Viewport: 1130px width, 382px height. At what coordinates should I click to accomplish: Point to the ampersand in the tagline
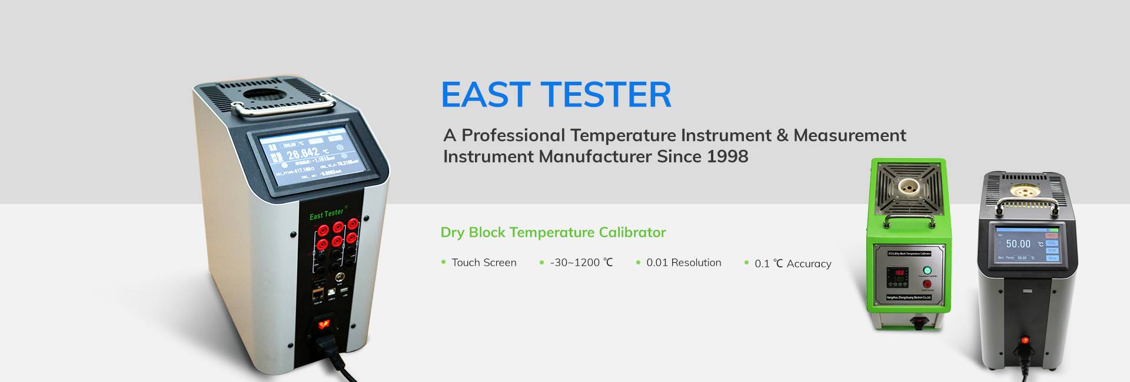782,135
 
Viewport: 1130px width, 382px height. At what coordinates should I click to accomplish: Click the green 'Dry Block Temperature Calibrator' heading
553,232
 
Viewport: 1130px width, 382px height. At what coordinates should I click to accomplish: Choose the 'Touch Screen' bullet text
484,263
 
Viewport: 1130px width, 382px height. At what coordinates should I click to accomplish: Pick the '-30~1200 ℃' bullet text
581,263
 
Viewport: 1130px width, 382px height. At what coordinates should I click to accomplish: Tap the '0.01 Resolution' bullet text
683,263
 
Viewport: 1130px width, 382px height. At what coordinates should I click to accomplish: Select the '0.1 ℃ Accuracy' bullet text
793,264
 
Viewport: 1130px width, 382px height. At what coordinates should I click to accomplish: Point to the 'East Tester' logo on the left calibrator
327,215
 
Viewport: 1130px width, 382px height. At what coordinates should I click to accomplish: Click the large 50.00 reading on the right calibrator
1018,244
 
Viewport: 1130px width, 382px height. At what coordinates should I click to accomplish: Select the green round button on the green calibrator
928,270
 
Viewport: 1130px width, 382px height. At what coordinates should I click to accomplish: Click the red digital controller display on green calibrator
899,277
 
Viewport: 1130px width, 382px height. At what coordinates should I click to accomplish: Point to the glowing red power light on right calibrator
1025,340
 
